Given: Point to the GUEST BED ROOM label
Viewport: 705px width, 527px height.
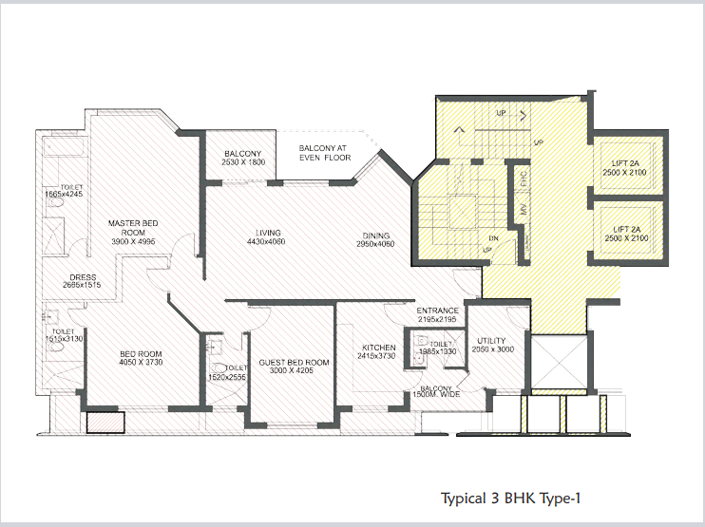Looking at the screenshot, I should click(294, 363).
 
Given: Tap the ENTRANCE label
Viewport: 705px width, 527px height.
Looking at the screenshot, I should click(438, 311).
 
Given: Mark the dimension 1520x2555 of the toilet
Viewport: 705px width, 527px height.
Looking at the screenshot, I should click(227, 378).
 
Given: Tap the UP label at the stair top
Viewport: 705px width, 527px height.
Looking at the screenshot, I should click(500, 113).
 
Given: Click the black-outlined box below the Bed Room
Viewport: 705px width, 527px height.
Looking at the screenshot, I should click(105, 422).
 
